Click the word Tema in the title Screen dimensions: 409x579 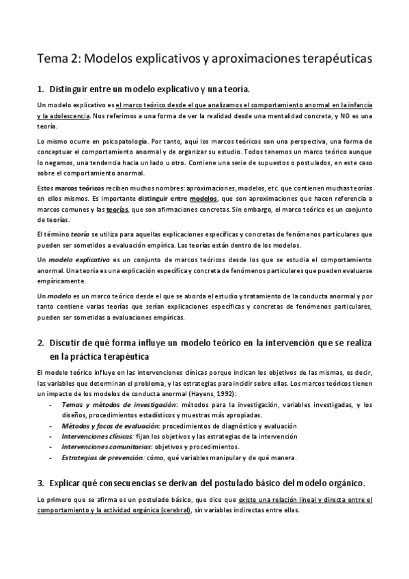point(52,59)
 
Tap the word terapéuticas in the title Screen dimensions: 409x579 point(330,59)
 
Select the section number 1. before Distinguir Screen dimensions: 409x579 point(40,89)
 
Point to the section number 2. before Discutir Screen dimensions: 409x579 point(40,342)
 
